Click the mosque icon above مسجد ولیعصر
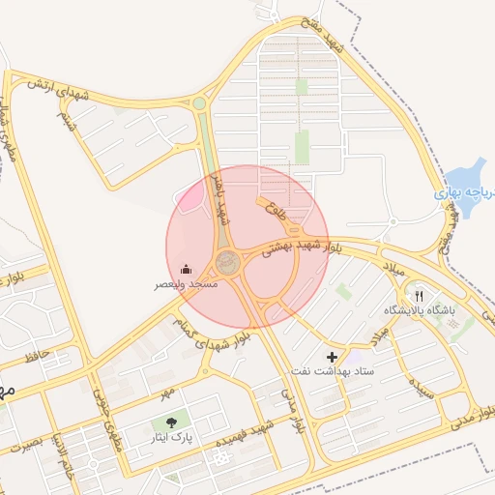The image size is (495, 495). (x=187, y=269)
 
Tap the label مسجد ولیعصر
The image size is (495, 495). (x=187, y=285)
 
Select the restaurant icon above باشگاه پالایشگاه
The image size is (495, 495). (x=419, y=295)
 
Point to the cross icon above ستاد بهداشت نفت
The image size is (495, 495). (x=333, y=357)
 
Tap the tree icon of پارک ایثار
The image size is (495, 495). (x=171, y=422)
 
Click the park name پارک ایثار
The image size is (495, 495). (x=171, y=438)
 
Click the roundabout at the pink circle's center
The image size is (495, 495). (x=228, y=261)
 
